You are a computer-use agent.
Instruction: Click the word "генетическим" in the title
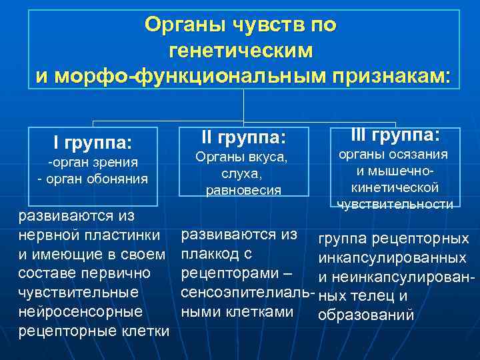(241, 51)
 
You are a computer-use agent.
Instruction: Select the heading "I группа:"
(93, 142)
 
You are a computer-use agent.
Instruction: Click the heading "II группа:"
(243, 139)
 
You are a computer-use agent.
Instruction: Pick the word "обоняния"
(119, 179)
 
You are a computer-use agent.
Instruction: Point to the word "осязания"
(419, 154)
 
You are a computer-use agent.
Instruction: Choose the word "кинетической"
(395, 187)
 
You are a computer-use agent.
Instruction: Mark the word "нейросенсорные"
(80, 311)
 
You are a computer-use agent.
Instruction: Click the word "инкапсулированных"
(392, 258)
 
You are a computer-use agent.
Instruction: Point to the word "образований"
(367, 315)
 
